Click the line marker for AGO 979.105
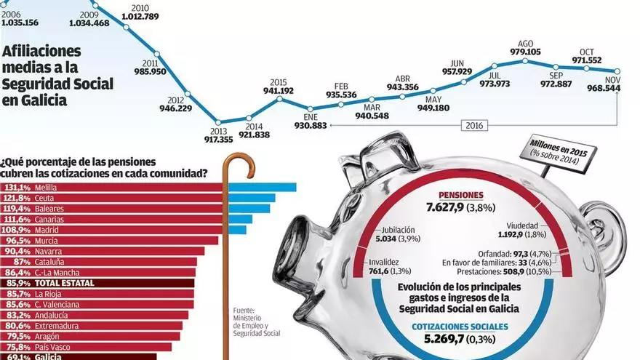click(x=525, y=61)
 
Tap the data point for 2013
click(x=218, y=122)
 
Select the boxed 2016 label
click(x=474, y=125)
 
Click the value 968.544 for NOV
click(x=604, y=88)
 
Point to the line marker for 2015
click(x=279, y=98)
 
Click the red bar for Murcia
click(x=109, y=241)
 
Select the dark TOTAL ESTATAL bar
click(x=97, y=283)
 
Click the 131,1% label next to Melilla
click(x=16, y=188)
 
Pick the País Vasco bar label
click(x=52, y=348)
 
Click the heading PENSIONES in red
click(x=461, y=196)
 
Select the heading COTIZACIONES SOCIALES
click(x=460, y=327)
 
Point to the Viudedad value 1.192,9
click(x=511, y=235)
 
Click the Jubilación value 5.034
click(x=385, y=239)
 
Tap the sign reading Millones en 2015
click(x=558, y=151)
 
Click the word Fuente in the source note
click(x=244, y=311)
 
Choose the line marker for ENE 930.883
click(x=311, y=109)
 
